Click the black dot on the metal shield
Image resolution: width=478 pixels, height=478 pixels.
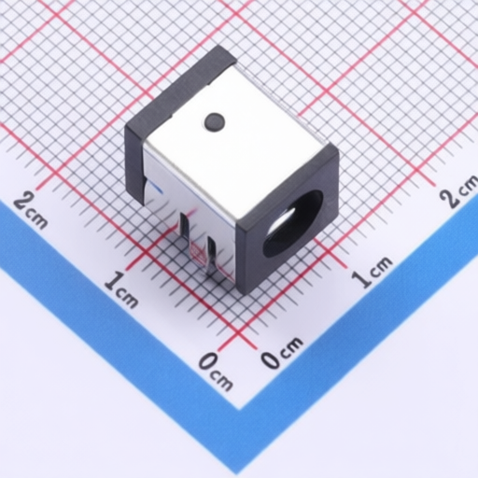coord(215,121)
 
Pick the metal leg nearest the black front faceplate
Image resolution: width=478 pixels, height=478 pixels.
coord(212,255)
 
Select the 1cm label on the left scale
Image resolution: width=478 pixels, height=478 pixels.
coord(121,289)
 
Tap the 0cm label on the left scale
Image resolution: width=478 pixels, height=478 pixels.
coord(216,371)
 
